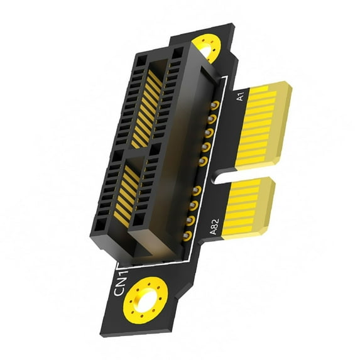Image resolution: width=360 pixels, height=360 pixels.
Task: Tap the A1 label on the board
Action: [239, 97]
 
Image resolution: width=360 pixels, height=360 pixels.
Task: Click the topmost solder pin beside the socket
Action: [215, 104]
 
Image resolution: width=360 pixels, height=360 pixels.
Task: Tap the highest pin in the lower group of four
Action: [197, 190]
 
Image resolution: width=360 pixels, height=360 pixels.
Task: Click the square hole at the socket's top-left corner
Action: [141, 62]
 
